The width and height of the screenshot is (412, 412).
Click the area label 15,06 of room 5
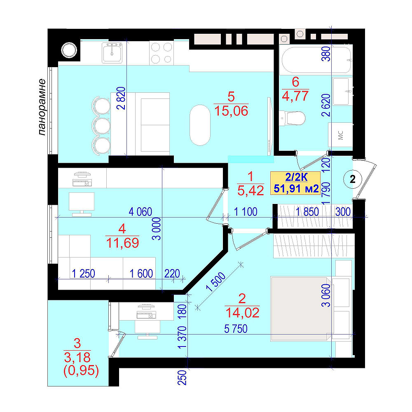point(231,111)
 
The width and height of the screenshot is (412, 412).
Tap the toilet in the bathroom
point(292,118)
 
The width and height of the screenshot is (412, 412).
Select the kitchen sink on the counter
point(112,53)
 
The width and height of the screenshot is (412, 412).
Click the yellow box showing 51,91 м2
point(295,183)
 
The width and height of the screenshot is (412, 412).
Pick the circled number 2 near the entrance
point(353,179)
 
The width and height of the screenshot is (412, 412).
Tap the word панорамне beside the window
point(42,107)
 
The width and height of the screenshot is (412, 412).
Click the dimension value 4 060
point(140,212)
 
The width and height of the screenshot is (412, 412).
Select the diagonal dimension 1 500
point(216,282)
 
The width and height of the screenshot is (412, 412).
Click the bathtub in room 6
point(316,60)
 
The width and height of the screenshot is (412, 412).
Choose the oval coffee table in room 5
point(200,125)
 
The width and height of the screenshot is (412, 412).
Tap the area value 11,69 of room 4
point(122,243)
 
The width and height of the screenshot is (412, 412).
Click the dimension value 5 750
point(236,329)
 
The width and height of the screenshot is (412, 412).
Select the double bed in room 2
point(301,309)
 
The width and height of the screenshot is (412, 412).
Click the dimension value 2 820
point(122,98)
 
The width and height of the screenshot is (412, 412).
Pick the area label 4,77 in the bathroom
point(295,96)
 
